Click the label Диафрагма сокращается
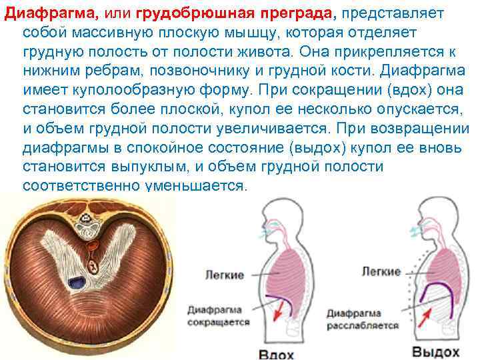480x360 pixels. (x=218, y=315)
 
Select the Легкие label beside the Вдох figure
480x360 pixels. (x=225, y=274)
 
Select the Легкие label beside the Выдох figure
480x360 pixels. (x=381, y=271)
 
